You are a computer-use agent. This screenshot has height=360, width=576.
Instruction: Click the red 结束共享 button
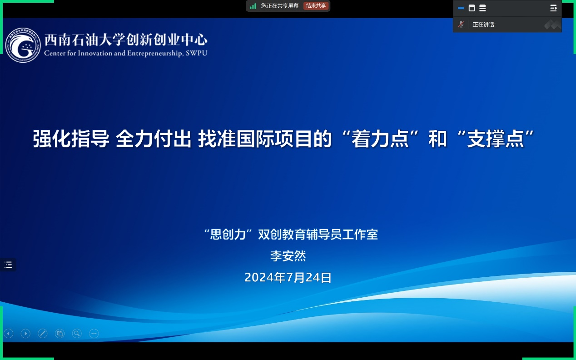[x=316, y=6]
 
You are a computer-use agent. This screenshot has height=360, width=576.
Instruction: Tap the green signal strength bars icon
[x=253, y=6]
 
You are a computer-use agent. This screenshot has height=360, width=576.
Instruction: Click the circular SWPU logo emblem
[x=23, y=45]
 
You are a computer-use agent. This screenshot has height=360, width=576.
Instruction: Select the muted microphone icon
[x=461, y=25]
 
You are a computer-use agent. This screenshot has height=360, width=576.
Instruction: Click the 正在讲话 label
[x=484, y=25]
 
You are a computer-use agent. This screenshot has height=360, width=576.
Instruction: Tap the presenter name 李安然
[x=288, y=256]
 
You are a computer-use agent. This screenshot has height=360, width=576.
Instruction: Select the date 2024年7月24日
[x=288, y=278]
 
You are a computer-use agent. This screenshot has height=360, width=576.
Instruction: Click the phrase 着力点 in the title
[x=380, y=139]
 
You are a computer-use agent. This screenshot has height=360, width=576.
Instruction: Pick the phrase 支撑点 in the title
[x=496, y=139]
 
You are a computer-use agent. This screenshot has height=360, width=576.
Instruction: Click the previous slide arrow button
[x=9, y=334]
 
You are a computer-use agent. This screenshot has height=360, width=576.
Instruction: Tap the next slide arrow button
[x=25, y=334]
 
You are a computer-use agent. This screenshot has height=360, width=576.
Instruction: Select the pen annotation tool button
[x=42, y=334]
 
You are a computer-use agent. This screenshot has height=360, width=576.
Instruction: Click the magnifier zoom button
[x=77, y=334]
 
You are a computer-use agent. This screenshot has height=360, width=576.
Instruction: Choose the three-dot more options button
[x=94, y=334]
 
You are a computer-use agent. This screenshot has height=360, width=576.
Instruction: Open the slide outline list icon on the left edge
[x=8, y=265]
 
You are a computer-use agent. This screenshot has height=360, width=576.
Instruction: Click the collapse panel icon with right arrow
[x=554, y=8]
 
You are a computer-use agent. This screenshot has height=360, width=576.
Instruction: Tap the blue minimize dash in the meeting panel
[x=461, y=8]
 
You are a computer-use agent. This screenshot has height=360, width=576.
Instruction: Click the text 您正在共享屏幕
[x=280, y=6]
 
